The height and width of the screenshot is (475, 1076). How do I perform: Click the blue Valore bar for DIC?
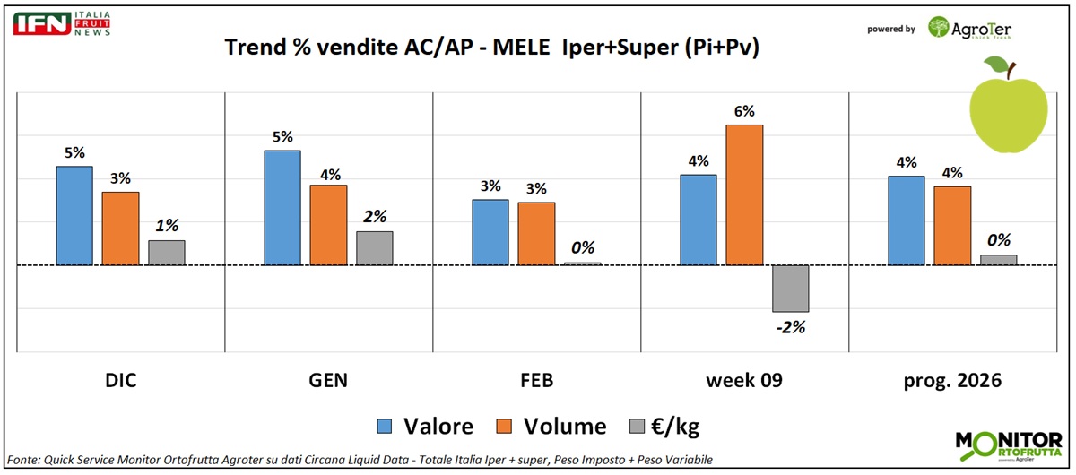(x=74, y=216)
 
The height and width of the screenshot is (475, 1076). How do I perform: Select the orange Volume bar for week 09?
(x=744, y=195)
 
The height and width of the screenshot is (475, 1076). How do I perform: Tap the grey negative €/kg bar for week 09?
(x=790, y=289)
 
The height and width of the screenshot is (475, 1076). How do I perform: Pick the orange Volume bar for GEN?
(x=328, y=225)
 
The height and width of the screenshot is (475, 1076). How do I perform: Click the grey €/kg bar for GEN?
(x=374, y=248)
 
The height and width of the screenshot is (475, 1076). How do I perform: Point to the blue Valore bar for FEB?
(x=490, y=232)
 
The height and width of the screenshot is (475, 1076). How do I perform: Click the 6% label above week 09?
(x=744, y=111)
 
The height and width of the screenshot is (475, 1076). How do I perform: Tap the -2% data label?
(x=790, y=327)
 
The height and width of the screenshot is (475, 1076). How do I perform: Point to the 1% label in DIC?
(x=167, y=226)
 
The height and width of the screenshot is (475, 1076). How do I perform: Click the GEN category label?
(x=328, y=380)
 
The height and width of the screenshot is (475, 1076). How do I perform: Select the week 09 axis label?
(x=744, y=380)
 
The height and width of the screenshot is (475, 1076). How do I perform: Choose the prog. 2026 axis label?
(x=952, y=380)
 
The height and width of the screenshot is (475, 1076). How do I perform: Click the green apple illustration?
(x=1009, y=103)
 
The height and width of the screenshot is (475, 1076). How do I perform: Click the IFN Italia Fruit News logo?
(x=61, y=24)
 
